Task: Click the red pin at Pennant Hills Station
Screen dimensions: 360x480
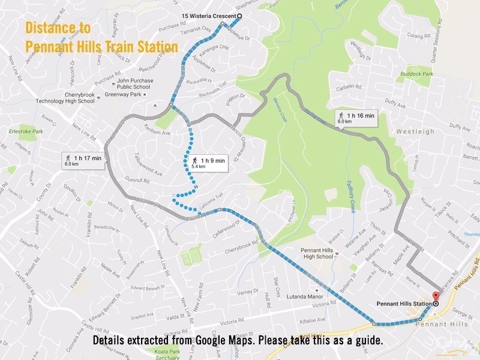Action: click(x=436, y=296)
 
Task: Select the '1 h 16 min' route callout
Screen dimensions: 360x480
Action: click(x=356, y=118)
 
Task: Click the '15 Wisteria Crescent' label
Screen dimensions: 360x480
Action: click(x=209, y=16)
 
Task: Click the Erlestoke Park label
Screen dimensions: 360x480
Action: click(x=29, y=131)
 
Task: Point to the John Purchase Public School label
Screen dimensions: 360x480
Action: click(x=135, y=83)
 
